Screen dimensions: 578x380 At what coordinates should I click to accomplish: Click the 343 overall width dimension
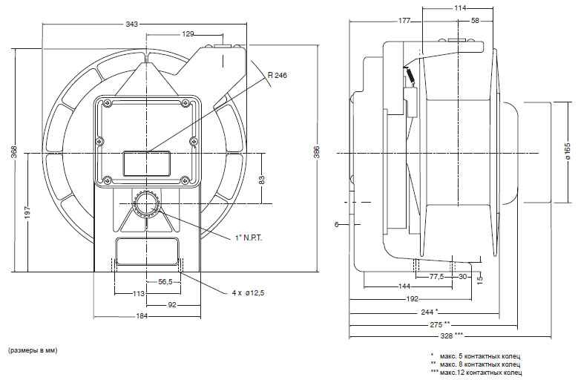tap(131, 24)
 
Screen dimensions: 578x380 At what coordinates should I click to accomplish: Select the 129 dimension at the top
tap(188, 34)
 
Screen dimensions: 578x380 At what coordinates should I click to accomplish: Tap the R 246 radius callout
tap(277, 75)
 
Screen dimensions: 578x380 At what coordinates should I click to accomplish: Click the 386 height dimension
tap(317, 152)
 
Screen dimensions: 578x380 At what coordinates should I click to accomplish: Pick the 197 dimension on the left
tap(27, 213)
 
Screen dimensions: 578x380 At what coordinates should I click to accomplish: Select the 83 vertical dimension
tap(262, 180)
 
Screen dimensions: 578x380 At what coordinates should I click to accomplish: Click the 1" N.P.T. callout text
tap(249, 238)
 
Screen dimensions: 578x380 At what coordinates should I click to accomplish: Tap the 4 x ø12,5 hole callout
tap(248, 293)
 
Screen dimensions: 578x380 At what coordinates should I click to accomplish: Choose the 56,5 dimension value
tap(165, 281)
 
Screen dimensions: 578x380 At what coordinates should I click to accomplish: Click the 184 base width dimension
tap(142, 316)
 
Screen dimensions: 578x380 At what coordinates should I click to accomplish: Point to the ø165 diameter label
tap(568, 151)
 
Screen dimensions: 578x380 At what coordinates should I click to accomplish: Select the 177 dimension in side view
tap(404, 21)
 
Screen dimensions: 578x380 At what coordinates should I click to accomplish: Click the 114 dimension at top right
tap(460, 7)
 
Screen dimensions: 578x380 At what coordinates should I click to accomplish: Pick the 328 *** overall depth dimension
tap(452, 335)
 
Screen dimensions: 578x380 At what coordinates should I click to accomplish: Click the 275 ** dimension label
tap(440, 324)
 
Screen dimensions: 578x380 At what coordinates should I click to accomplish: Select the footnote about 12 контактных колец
tap(476, 373)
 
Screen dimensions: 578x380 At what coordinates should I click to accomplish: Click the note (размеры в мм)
tap(33, 350)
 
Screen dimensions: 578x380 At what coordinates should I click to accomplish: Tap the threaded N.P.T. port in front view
tap(147, 205)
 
